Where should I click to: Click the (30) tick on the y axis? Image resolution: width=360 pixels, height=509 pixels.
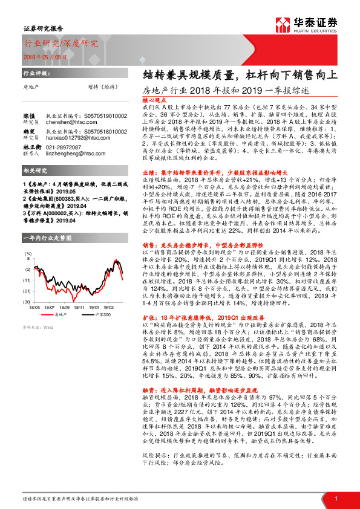[27, 300]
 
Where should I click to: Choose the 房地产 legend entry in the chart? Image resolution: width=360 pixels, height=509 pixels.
[59, 315]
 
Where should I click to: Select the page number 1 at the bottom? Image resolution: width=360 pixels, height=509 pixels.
[335, 498]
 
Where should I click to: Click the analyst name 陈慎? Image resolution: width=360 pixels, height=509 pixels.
[29, 114]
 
